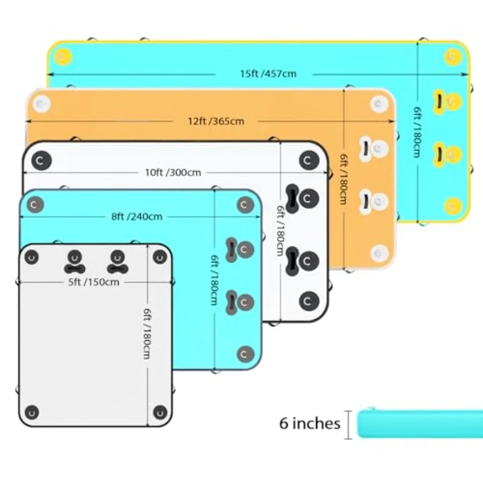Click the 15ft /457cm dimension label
(x=268, y=74)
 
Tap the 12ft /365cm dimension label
(x=216, y=121)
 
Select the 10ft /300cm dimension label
(x=173, y=172)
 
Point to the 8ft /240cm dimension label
(x=137, y=217)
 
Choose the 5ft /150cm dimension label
(x=93, y=282)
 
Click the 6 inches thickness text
(x=310, y=423)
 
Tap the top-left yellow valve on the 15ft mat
(x=63, y=57)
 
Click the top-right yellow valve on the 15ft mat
(x=453, y=57)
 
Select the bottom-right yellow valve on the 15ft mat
(x=453, y=206)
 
